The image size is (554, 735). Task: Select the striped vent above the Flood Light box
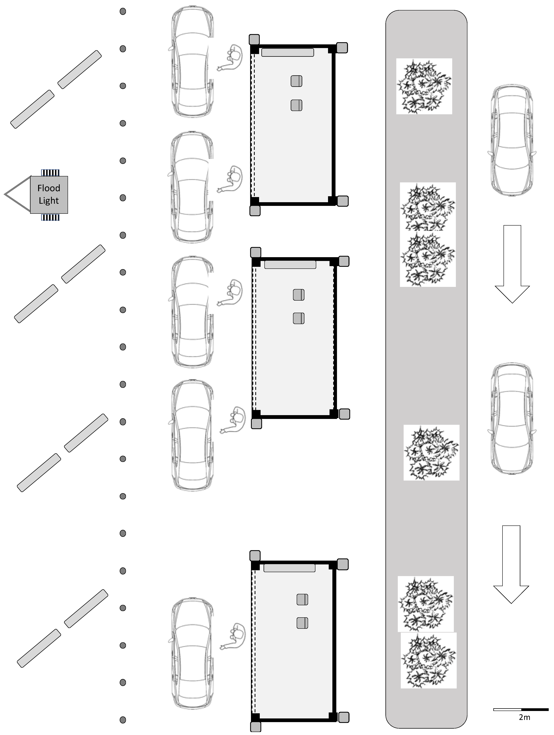click(50, 172)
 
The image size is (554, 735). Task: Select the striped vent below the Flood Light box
click(50, 217)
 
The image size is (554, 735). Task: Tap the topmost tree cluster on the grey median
click(424, 86)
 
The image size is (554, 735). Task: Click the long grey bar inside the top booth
click(287, 53)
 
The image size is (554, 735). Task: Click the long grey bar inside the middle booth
click(290, 264)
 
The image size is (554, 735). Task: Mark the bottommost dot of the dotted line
click(123, 720)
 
